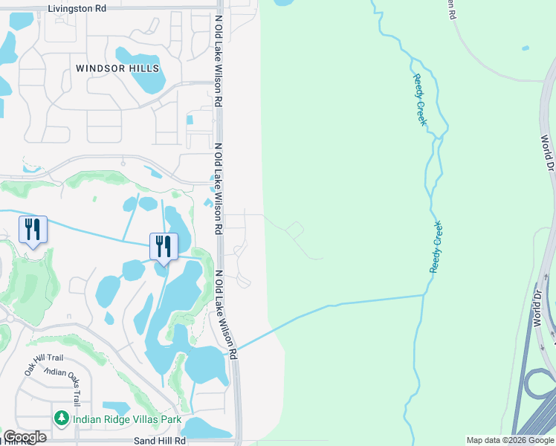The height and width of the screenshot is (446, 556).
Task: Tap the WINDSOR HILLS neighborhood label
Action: (117, 68)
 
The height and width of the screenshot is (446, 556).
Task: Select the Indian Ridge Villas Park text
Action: (127, 419)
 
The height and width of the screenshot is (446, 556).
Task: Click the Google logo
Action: (24, 437)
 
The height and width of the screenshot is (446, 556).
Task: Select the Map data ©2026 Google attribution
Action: (510, 441)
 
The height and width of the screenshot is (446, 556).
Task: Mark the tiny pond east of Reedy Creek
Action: (526, 48)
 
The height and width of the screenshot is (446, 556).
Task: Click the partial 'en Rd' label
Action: (450, 9)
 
